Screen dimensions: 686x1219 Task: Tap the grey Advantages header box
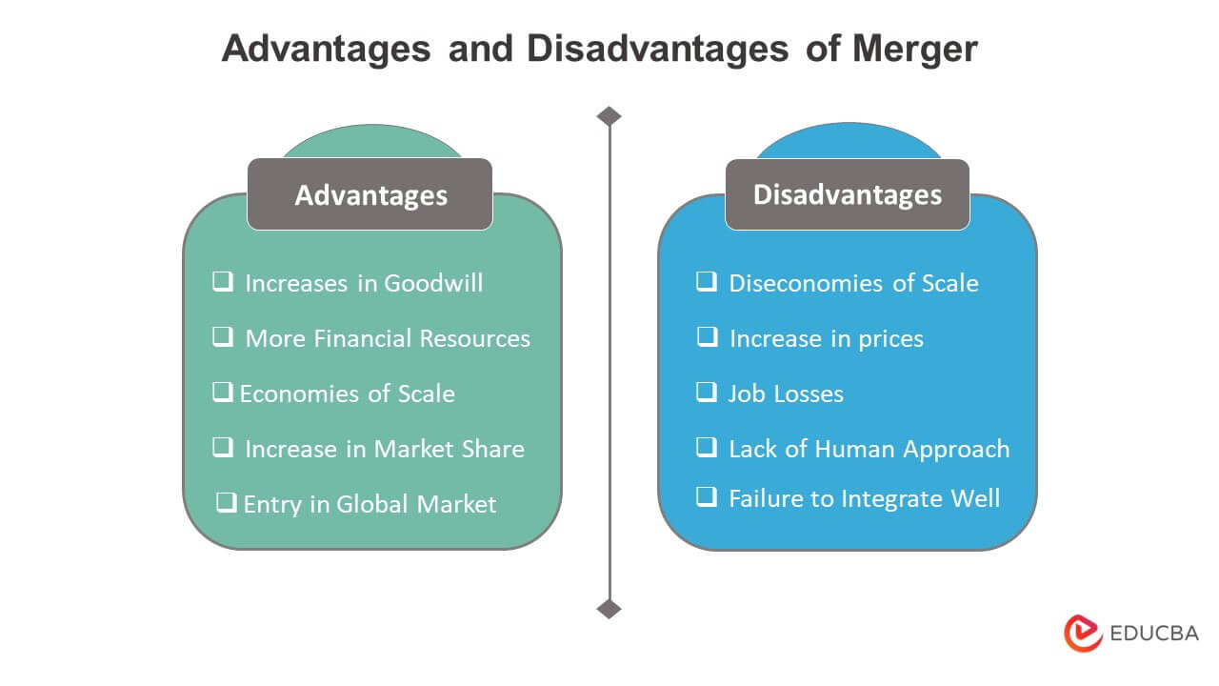(x=370, y=194)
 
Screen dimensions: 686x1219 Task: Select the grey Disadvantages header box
(x=847, y=194)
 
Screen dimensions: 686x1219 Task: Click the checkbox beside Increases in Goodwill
(x=223, y=282)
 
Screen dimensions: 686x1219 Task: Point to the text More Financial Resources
(x=388, y=338)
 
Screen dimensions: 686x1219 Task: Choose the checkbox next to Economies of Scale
(x=223, y=393)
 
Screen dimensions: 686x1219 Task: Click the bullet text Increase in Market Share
(x=385, y=449)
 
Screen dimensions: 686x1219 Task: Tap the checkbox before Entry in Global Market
(x=227, y=502)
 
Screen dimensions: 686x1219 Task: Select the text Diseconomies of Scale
(x=853, y=283)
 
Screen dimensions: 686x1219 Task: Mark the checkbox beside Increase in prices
(x=707, y=337)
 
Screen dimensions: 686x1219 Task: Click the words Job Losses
(x=786, y=393)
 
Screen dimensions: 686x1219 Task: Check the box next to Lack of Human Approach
(x=707, y=447)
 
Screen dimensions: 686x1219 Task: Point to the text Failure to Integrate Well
(x=864, y=498)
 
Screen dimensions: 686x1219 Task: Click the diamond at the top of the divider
(x=609, y=116)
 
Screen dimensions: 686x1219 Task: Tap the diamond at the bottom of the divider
(x=609, y=608)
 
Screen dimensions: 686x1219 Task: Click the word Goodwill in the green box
(x=433, y=283)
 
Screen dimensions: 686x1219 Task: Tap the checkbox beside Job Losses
(x=707, y=393)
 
